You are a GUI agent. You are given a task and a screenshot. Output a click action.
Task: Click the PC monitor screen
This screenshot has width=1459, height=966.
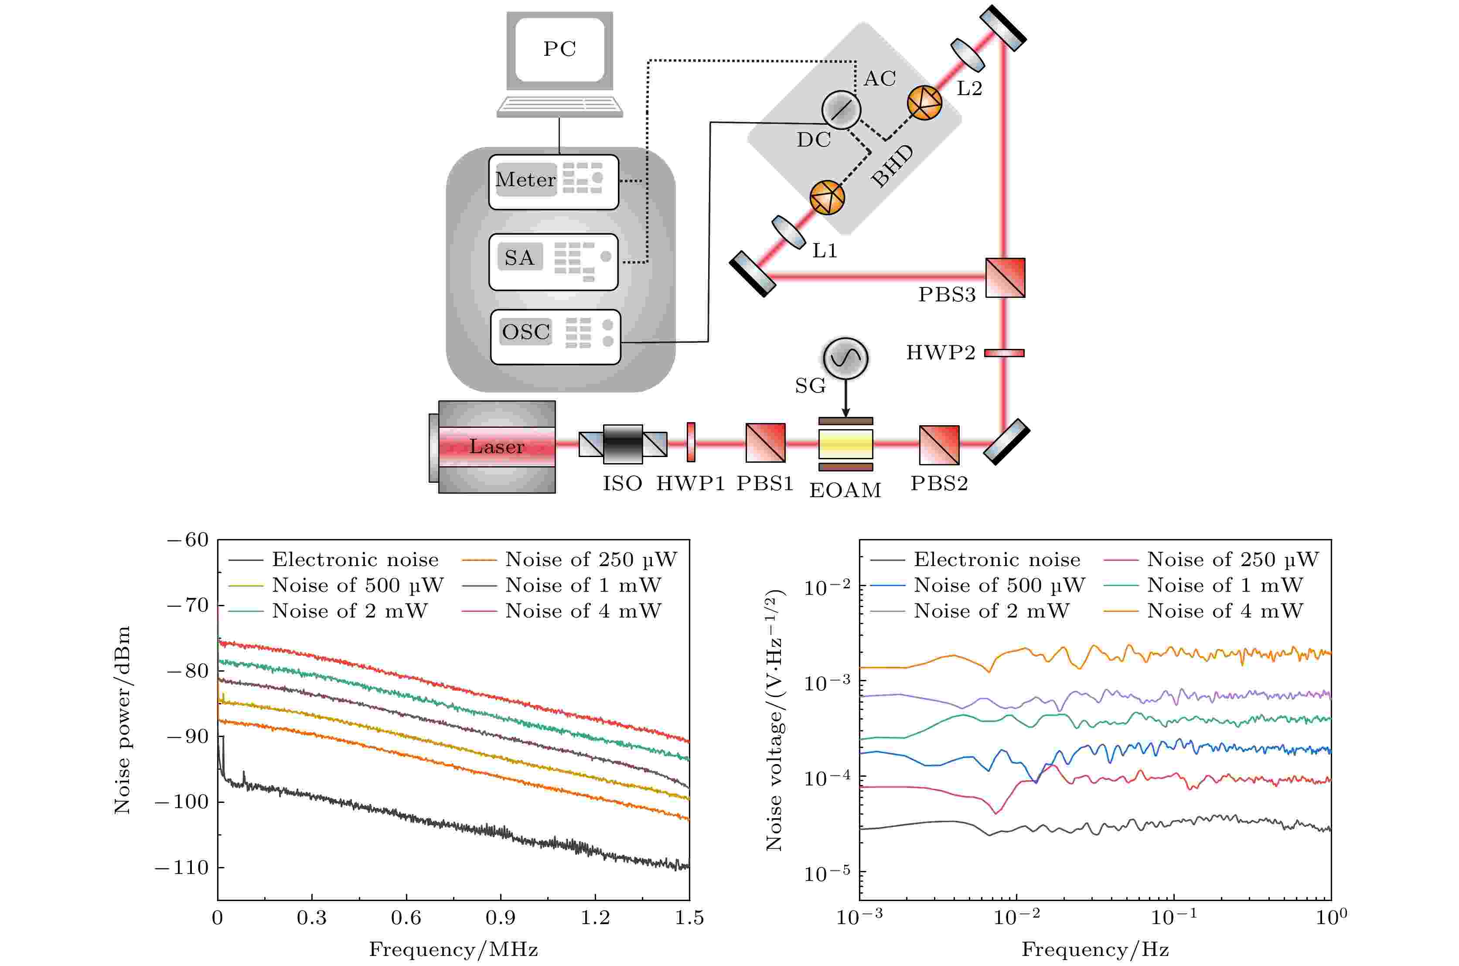point(559,49)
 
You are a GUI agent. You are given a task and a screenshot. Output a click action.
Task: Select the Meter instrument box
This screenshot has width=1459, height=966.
point(553,182)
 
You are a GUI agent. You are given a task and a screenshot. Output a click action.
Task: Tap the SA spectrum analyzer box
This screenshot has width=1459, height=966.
point(553,261)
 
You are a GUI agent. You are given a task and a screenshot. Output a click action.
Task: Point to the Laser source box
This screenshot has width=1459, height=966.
point(496,447)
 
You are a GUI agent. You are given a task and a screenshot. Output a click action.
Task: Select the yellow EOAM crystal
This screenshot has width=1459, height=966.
point(845,444)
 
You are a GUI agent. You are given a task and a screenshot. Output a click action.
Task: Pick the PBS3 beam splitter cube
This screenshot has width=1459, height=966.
point(1005,278)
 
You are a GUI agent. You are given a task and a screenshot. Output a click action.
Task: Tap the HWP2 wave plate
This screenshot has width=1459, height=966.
point(1004,353)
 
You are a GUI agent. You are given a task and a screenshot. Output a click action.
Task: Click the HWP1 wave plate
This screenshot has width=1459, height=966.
point(691,442)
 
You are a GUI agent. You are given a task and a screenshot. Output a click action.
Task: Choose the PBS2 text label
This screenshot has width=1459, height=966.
point(939,484)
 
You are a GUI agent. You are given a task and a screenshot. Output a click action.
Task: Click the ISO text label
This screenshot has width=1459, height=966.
point(622,484)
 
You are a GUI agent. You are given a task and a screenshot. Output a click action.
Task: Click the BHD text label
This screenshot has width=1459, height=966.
point(893,166)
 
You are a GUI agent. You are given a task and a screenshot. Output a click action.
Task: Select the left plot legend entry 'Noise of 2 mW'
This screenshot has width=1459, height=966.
point(349,611)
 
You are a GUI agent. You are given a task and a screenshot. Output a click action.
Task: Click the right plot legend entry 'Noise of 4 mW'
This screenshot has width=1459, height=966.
point(1224,611)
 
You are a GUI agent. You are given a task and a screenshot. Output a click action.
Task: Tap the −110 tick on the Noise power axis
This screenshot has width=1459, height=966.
point(182,867)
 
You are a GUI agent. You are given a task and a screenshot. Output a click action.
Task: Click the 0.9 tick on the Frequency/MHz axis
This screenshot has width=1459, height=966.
point(500,918)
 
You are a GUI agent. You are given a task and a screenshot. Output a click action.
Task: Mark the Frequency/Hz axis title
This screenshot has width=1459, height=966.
point(1095,949)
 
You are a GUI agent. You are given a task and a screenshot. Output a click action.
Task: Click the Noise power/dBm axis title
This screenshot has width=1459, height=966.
point(123,720)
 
